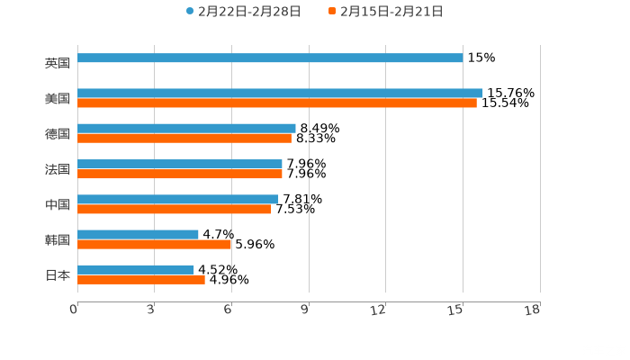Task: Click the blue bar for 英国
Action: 270,58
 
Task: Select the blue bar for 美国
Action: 280,93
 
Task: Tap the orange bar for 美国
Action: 277,103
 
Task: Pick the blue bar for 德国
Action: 186,128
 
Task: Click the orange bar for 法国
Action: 180,174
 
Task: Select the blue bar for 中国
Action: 178,199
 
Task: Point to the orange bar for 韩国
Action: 155,244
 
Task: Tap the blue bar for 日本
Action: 136,269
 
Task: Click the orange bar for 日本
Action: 141,279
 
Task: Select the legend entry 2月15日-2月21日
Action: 391,12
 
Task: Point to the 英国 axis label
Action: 58,63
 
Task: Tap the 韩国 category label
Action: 58,239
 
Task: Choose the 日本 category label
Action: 58,274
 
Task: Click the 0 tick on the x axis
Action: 75,310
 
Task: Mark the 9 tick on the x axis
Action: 307,310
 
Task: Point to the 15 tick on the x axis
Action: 457,310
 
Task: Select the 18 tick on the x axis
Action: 534,310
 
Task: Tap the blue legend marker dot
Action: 190,12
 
